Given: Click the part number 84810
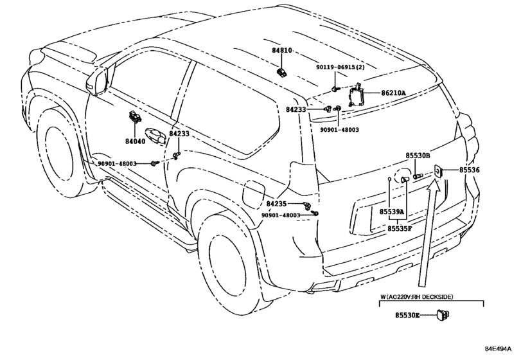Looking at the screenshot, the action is (282, 51).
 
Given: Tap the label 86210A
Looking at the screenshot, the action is (393, 93).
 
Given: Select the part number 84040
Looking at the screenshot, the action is (136, 141).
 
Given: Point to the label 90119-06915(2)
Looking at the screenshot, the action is (340, 67).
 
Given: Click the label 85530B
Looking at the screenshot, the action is (418, 156).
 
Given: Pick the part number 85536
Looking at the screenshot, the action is (470, 170).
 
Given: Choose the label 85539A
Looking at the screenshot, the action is (392, 212).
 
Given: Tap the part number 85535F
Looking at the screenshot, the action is (400, 228).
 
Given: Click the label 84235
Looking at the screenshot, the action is (276, 203).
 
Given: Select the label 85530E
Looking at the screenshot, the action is (407, 315).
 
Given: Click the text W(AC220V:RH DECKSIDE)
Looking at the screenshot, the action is (417, 296).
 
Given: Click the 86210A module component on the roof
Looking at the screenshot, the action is (355, 94).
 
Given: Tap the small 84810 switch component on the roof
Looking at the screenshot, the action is (282, 72).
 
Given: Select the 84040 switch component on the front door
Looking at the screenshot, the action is (134, 116).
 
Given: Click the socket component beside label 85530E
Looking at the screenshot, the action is (443, 315).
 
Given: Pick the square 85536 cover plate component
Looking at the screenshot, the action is (438, 171).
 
